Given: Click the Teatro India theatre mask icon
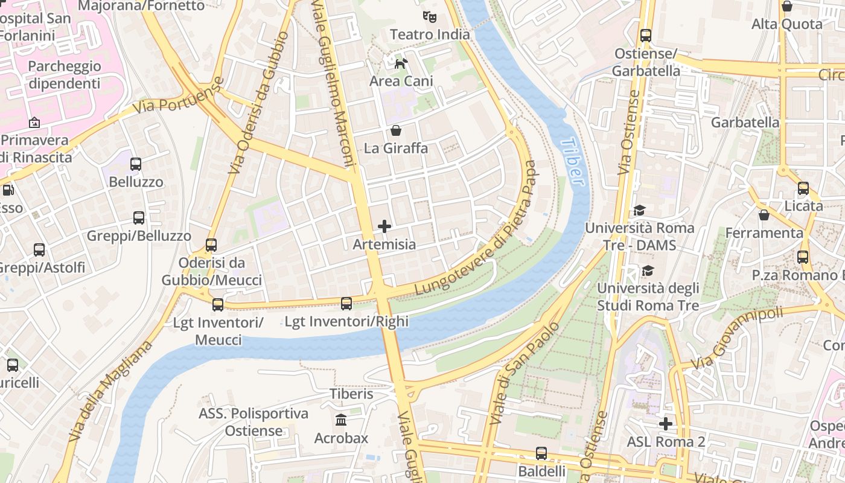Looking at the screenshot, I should click(429, 16).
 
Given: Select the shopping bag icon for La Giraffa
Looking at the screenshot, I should click(396, 130).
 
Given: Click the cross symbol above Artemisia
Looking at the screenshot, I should click(384, 226).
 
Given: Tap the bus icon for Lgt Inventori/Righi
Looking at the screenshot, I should click(346, 304).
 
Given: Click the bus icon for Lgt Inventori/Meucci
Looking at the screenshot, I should click(218, 305).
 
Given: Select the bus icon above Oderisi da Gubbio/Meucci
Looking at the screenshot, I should click(211, 245).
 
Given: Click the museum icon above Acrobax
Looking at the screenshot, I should click(341, 420).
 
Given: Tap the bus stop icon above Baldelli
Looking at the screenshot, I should click(541, 453).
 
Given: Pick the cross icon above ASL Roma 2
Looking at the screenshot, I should click(666, 424).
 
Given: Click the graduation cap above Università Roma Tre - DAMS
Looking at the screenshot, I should click(639, 210).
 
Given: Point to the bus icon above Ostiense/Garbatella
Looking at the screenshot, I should click(646, 36).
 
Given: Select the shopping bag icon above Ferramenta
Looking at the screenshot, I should click(764, 214).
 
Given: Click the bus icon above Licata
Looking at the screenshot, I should click(803, 188).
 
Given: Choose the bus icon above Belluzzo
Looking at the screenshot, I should click(136, 164).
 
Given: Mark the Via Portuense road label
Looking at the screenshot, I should click(179, 96).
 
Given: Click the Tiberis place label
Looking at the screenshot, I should click(351, 394).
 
